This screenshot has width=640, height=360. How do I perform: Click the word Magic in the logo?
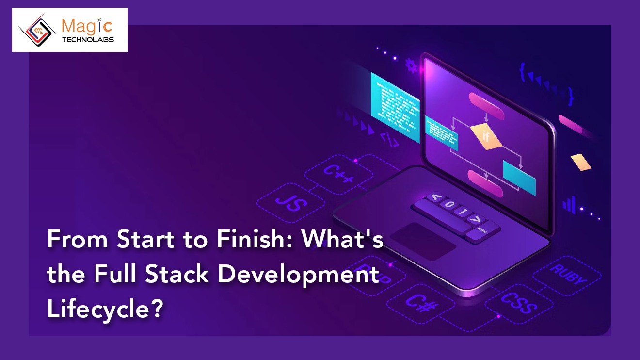[x=88, y=26]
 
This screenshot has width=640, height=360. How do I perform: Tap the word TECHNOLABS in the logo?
[x=88, y=40]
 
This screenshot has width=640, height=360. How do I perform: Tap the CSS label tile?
[x=518, y=301]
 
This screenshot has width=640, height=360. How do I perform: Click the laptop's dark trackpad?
[x=423, y=241]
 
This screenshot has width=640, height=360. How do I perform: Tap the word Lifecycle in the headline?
[x=104, y=309]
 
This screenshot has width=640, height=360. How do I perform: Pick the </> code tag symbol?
[x=389, y=139]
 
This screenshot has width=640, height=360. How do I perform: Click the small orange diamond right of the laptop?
[x=581, y=162]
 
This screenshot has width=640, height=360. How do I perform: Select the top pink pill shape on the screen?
[x=487, y=100]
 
